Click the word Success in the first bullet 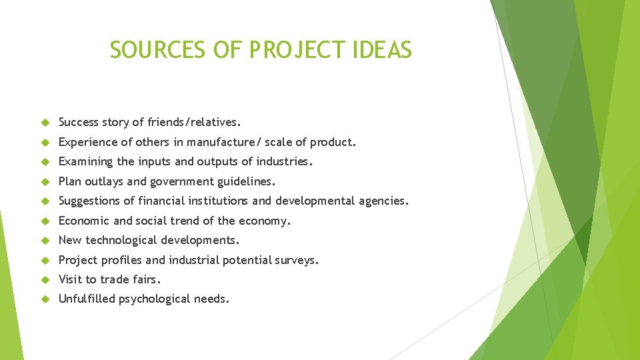[79, 122]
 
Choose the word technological [120, 240]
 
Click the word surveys [297, 260]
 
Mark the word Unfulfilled [87, 299]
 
